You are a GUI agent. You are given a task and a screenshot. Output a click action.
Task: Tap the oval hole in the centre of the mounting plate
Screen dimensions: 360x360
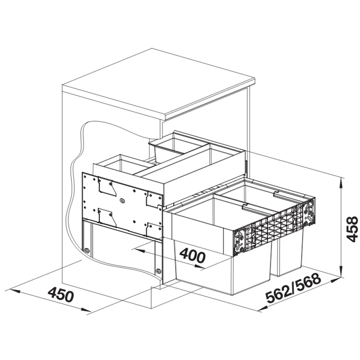[x=122, y=200]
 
